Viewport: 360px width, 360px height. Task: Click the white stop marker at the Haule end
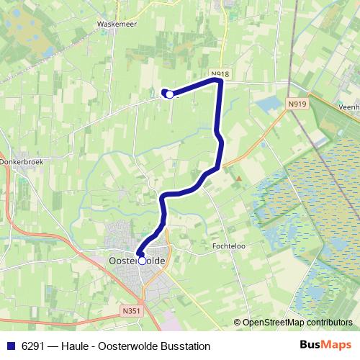tap(168, 94)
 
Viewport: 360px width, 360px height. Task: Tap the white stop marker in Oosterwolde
tap(142, 260)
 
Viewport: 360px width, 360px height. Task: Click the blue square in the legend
tap(10, 344)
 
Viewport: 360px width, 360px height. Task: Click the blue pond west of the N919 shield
tap(268, 105)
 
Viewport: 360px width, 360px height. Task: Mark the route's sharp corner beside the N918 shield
tap(220, 81)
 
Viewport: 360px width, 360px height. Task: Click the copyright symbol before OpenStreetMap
tap(237, 323)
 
